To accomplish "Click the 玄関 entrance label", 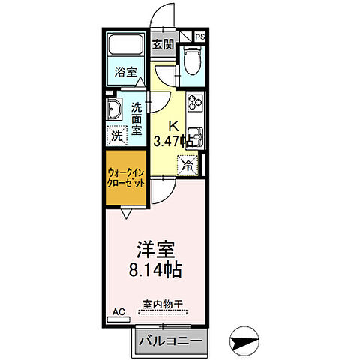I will tap(163, 44).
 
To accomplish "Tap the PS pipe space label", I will tap(200, 36).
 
